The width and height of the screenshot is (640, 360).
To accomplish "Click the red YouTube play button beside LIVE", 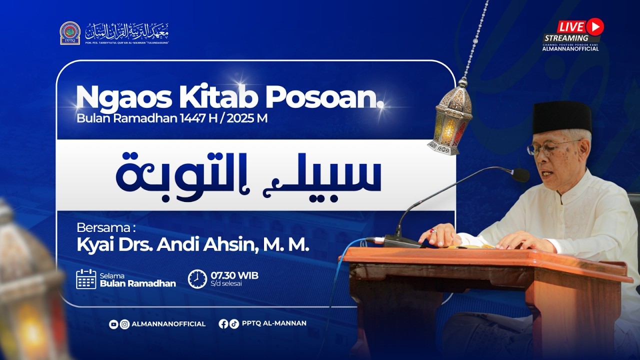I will click(x=595, y=25).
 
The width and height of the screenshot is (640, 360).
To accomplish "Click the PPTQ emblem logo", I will click(x=70, y=33).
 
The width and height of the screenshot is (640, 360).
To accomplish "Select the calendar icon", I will click(x=86, y=279).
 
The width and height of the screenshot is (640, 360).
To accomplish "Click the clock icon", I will click(x=197, y=279).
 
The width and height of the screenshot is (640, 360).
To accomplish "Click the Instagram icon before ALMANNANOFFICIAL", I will click(x=124, y=324).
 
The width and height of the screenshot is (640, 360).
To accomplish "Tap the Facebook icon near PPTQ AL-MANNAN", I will click(x=223, y=323).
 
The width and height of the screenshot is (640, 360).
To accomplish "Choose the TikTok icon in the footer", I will click(x=234, y=323).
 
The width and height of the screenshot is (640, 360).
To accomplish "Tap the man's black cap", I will click(x=561, y=117).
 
